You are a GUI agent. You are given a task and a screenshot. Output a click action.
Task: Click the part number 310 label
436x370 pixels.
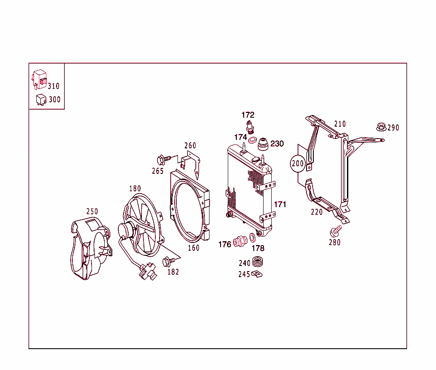pyautogui.click(x=54, y=86)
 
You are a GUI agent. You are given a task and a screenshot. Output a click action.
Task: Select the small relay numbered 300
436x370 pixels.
pyautogui.click(x=41, y=99)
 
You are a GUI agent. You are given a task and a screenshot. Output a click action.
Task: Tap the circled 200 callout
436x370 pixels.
pyautogui.click(x=298, y=163)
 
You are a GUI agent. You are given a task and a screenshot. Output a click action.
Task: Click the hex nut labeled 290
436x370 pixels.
pyautogui.click(x=381, y=127)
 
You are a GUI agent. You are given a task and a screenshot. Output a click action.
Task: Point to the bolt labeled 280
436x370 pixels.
pyautogui.click(x=335, y=231)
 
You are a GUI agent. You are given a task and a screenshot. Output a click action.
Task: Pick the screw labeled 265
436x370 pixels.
pyautogui.click(x=162, y=160)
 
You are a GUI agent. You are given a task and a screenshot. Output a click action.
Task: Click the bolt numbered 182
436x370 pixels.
pyautogui.click(x=167, y=260)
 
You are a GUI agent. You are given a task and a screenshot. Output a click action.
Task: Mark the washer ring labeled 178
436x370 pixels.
pyautogui.click(x=252, y=238)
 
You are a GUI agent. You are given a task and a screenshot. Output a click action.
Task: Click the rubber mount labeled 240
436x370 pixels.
pyautogui.click(x=257, y=262)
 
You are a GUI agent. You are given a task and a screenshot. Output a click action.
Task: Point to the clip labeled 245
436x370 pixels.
pyautogui.click(x=257, y=274)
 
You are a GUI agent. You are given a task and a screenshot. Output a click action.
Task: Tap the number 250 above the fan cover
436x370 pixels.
pyautogui.click(x=92, y=211)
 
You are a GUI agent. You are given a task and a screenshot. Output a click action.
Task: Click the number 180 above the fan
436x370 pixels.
pyautogui.click(x=135, y=188)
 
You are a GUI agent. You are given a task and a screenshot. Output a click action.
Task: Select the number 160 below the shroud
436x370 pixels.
pyautogui.click(x=194, y=248)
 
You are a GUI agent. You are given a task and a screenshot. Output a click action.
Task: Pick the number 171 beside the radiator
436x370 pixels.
pyautogui.click(x=280, y=205)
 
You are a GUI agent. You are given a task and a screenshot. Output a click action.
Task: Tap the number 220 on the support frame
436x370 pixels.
pyautogui.click(x=317, y=212)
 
